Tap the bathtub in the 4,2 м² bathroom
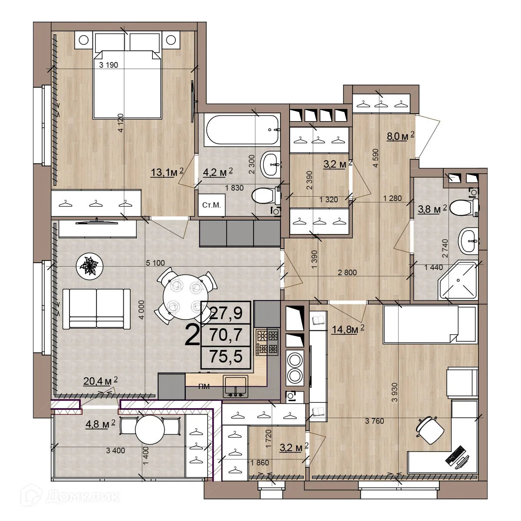(x=242, y=130)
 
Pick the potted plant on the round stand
(x=90, y=266)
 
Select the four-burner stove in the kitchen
(x=267, y=342)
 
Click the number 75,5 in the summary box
(x=226, y=356)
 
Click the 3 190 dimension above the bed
(x=109, y=65)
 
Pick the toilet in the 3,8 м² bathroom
(x=465, y=207)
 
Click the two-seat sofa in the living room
(x=96, y=309)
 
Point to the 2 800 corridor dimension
(x=347, y=273)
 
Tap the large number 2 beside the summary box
(x=192, y=336)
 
